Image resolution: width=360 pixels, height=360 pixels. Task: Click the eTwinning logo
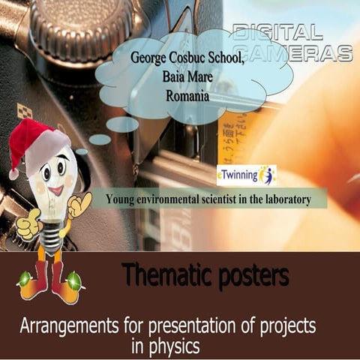246,175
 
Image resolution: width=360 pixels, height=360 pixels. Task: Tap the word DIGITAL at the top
277,31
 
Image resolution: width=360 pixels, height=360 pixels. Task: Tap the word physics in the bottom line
174,347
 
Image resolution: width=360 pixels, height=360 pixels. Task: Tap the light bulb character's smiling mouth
55,190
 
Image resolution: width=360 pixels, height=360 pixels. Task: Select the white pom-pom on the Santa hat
13,174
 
